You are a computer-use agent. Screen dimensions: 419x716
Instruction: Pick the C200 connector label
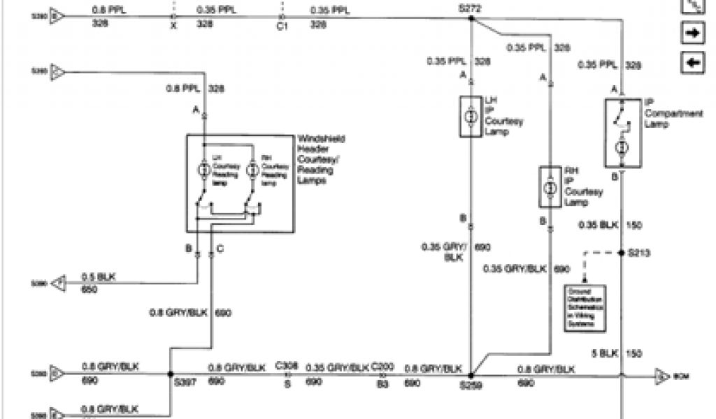click(381, 365)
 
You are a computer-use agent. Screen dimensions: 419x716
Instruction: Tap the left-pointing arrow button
click(692, 63)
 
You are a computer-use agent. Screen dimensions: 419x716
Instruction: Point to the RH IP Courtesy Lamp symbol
click(550, 187)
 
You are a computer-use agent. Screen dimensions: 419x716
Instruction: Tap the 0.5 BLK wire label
click(99, 277)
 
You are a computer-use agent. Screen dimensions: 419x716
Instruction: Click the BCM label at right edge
click(681, 378)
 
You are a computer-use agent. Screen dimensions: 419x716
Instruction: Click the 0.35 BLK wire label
click(599, 226)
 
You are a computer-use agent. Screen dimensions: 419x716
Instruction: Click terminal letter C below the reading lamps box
click(220, 249)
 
